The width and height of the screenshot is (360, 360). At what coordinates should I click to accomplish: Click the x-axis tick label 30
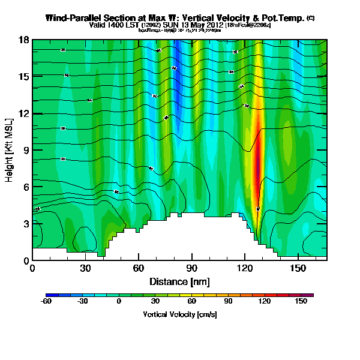(x=85, y=268)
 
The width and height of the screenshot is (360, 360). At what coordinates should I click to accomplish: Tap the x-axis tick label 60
(x=139, y=268)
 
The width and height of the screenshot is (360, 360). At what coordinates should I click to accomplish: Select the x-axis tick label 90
(x=191, y=268)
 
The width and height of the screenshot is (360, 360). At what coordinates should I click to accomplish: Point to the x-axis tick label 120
(x=245, y=268)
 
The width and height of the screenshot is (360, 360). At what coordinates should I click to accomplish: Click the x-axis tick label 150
(x=298, y=268)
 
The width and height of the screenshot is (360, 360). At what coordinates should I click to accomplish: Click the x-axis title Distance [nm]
(x=179, y=281)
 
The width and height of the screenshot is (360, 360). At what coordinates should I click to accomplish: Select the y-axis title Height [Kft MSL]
(x=10, y=150)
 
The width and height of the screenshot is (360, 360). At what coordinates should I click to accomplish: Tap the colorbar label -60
(x=46, y=301)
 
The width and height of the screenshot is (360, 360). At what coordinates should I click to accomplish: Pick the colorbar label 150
(x=301, y=301)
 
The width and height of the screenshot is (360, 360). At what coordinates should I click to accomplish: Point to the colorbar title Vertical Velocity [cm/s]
(x=179, y=314)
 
